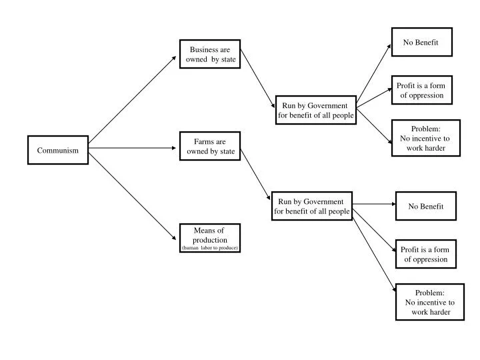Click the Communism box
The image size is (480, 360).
tap(58, 150)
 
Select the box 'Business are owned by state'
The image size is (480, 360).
tap(210, 54)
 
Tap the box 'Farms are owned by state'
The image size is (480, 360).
tap(210, 147)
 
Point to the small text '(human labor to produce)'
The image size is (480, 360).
tap(210, 248)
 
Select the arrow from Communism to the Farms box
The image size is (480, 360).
tap(133, 148)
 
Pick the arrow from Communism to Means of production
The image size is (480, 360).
tap(133, 193)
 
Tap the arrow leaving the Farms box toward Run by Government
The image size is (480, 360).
tap(256, 174)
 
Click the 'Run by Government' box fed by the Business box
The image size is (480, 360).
tap(316, 111)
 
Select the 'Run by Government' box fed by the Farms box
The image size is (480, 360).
tap(312, 207)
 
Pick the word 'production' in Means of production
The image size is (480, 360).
tap(210, 240)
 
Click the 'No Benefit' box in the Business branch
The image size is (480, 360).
tap(421, 43)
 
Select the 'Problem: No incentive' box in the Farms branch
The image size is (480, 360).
tap(430, 302)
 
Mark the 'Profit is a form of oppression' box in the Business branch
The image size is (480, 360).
tap(421, 91)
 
